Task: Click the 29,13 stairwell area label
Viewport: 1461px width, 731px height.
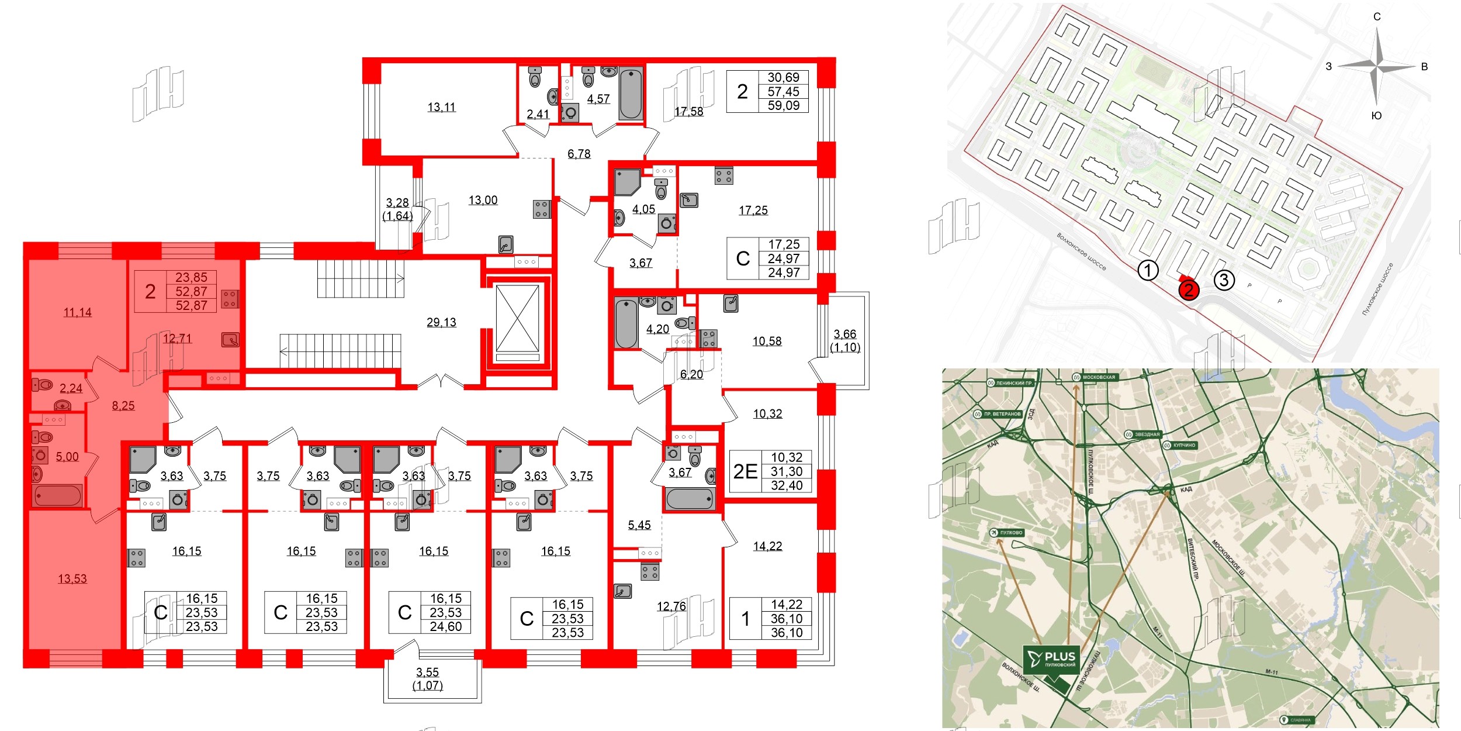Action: click(441, 322)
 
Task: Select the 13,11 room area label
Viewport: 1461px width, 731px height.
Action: click(441, 107)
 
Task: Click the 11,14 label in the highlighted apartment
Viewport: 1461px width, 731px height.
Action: click(78, 312)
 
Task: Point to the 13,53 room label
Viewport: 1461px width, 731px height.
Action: click(72, 578)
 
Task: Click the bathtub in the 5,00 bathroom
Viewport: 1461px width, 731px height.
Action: click(57, 496)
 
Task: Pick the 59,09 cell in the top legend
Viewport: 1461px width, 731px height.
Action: click(783, 105)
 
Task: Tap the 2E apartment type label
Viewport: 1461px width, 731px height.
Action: click(745, 471)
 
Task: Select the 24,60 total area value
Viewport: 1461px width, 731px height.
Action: click(446, 626)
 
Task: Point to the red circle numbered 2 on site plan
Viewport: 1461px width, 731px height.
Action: click(1189, 289)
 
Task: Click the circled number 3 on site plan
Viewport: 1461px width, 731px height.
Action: click(1224, 280)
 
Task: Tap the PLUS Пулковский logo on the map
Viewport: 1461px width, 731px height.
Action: click(1051, 659)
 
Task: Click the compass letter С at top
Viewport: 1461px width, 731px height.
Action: click(1377, 16)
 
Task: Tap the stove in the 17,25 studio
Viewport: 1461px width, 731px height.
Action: click(723, 175)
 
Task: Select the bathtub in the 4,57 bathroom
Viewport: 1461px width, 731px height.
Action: click(631, 94)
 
